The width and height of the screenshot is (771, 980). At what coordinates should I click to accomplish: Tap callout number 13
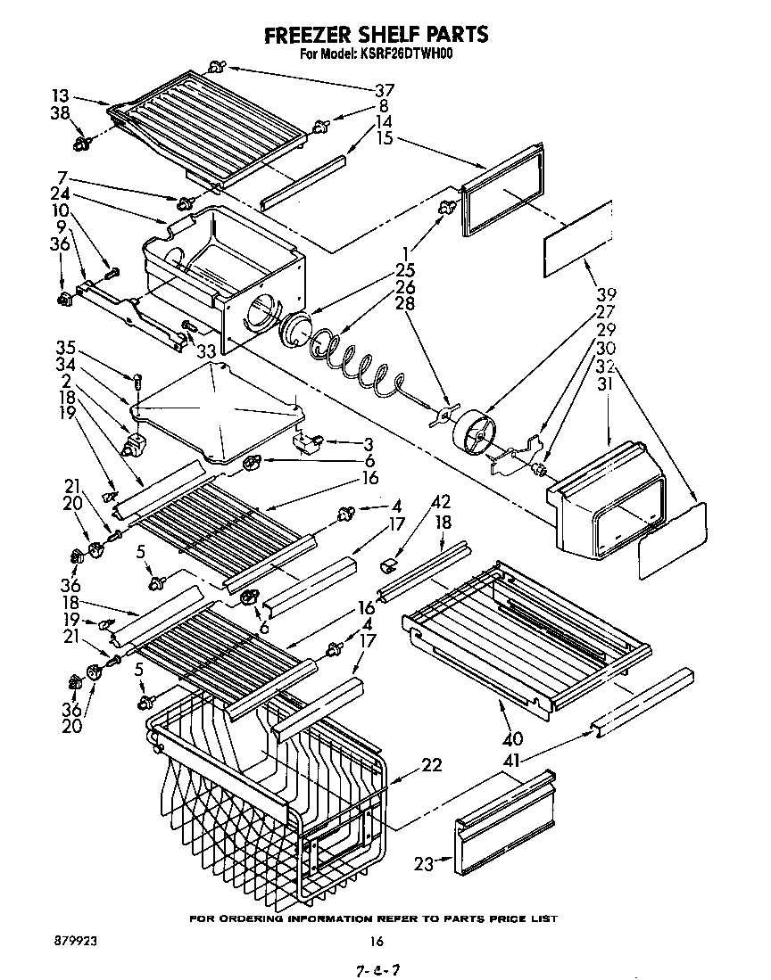point(60,96)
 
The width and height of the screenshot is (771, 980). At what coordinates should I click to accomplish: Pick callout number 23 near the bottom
point(424,862)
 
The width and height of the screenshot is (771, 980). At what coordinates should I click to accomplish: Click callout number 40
point(513,739)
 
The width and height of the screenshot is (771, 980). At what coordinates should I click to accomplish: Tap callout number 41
point(513,761)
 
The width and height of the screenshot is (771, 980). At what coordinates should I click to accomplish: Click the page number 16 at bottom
point(377,940)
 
